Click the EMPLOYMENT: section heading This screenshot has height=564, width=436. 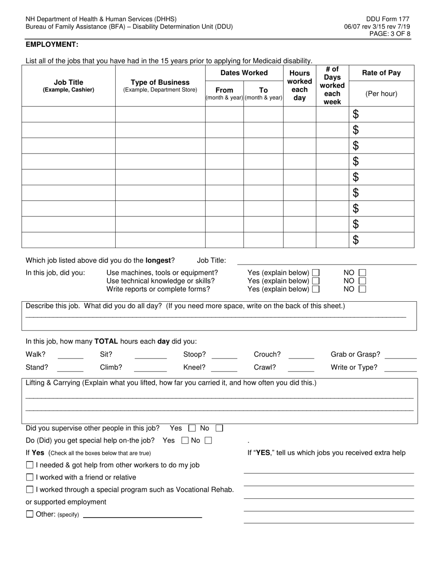(52, 44)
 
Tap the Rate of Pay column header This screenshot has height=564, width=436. (381, 73)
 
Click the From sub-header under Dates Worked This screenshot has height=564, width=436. (224, 90)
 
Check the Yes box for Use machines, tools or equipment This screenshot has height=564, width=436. (316, 273)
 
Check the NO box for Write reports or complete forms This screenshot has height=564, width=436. (362, 289)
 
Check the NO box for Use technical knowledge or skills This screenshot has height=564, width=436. (362, 281)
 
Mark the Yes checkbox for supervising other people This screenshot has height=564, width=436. (192, 428)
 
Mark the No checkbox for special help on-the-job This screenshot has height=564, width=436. (208, 441)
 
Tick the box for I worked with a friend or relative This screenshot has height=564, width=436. (30, 477)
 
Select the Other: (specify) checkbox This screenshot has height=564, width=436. (30, 514)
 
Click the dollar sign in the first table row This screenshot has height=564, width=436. (356, 115)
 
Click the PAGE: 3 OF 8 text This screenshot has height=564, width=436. (390, 34)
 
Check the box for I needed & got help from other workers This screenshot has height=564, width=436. (30, 465)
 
